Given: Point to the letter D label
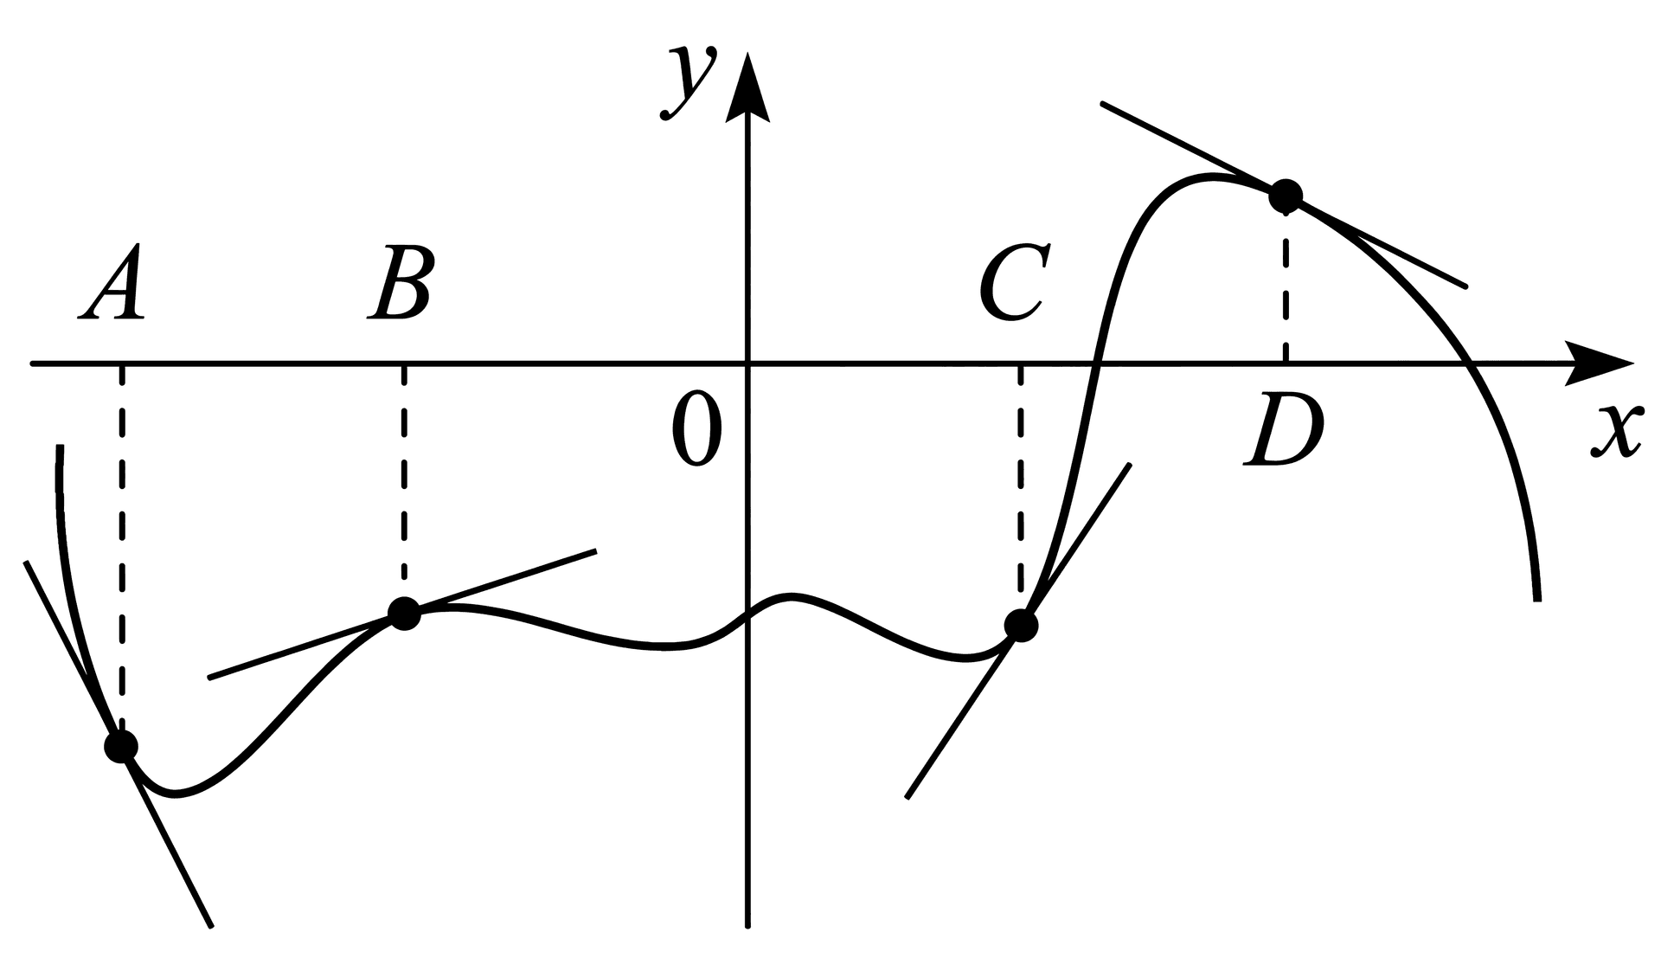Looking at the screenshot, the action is pyautogui.click(x=1284, y=430).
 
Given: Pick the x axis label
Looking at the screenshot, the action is pyautogui.click(x=1616, y=429).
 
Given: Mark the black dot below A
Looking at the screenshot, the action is pyautogui.click(x=121, y=745).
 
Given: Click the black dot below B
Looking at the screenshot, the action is pyautogui.click(x=404, y=614).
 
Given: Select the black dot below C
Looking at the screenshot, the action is pyautogui.click(x=1021, y=625).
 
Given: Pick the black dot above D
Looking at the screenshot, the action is pyautogui.click(x=1286, y=196).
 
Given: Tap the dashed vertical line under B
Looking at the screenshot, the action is pyautogui.click(x=404, y=481).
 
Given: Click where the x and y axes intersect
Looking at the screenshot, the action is pyautogui.click(x=747, y=364).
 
